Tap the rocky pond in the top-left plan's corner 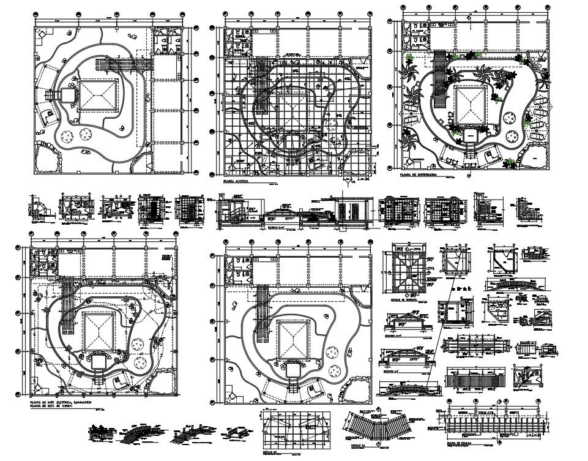click(48, 156)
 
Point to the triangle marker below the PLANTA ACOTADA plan click(349, 181)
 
